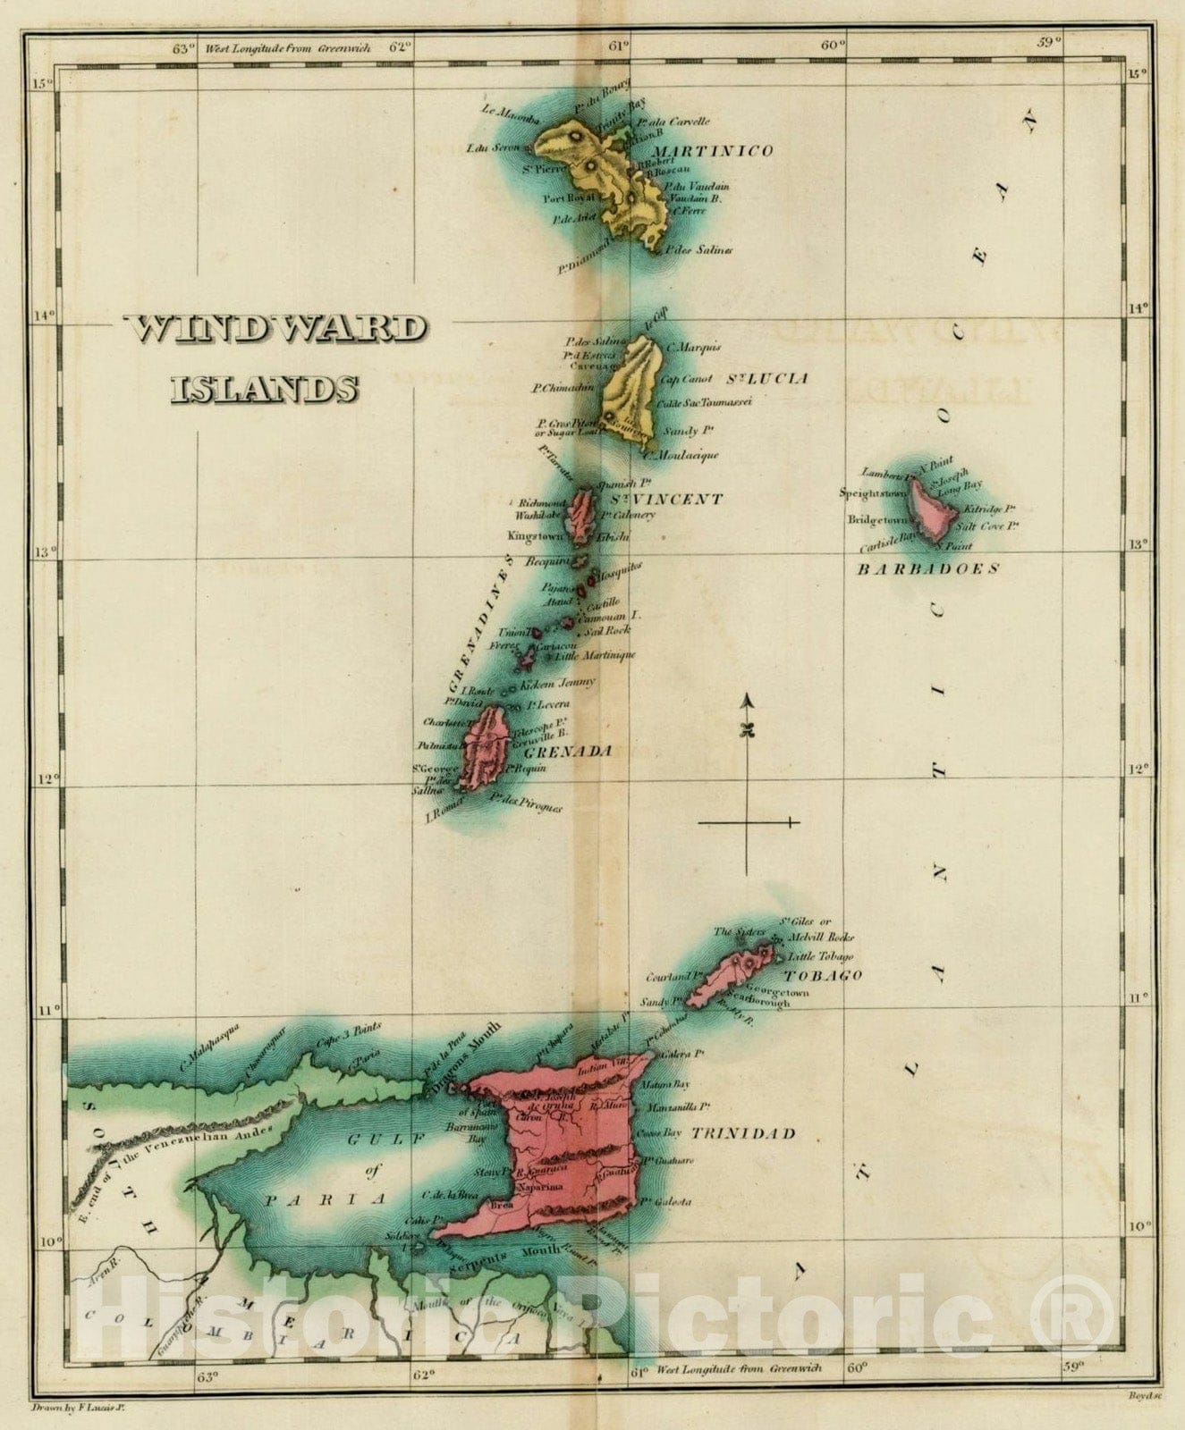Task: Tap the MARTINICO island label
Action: point(713,151)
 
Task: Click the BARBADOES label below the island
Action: point(928,568)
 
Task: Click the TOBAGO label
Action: point(824,975)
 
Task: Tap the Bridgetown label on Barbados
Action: point(877,519)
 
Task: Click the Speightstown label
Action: point(874,492)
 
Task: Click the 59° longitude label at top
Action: point(1049,40)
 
